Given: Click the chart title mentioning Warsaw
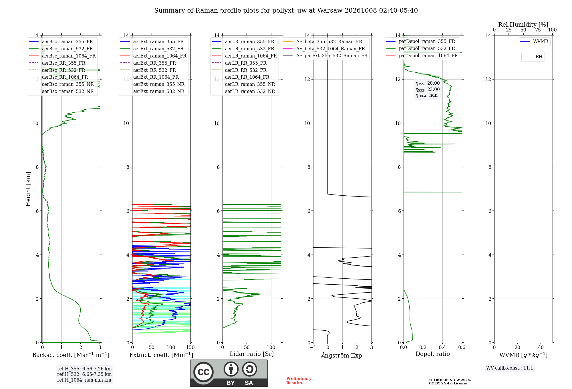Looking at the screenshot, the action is pyautogui.click(x=286, y=11).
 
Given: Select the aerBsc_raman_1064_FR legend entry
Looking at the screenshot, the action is pyautogui.click(x=63, y=56).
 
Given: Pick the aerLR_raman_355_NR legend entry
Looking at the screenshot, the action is pyautogui.click(x=244, y=84).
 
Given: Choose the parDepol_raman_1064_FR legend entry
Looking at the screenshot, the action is pyautogui.click(x=422, y=55).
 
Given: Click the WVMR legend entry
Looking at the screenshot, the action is pyautogui.click(x=534, y=41).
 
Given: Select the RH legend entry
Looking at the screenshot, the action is pyautogui.click(x=533, y=57).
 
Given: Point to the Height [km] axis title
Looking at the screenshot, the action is pyautogui.click(x=28, y=189).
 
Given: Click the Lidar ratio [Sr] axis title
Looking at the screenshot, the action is pyautogui.click(x=252, y=354).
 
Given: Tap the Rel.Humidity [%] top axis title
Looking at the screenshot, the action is pyautogui.click(x=523, y=25).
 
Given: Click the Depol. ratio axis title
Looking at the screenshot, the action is pyautogui.click(x=433, y=354).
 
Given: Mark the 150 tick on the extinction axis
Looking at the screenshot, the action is pyautogui.click(x=190, y=347).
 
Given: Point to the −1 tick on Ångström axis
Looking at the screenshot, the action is pyautogui.click(x=313, y=347).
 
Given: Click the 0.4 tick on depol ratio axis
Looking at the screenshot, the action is pyautogui.click(x=442, y=347).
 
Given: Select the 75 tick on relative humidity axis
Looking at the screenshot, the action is pyautogui.click(x=538, y=30).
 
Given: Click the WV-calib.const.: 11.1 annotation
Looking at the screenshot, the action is pyautogui.click(x=510, y=368).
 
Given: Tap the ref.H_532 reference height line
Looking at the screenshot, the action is pyautogui.click(x=84, y=374).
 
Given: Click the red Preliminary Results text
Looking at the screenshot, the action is pyautogui.click(x=299, y=381).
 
